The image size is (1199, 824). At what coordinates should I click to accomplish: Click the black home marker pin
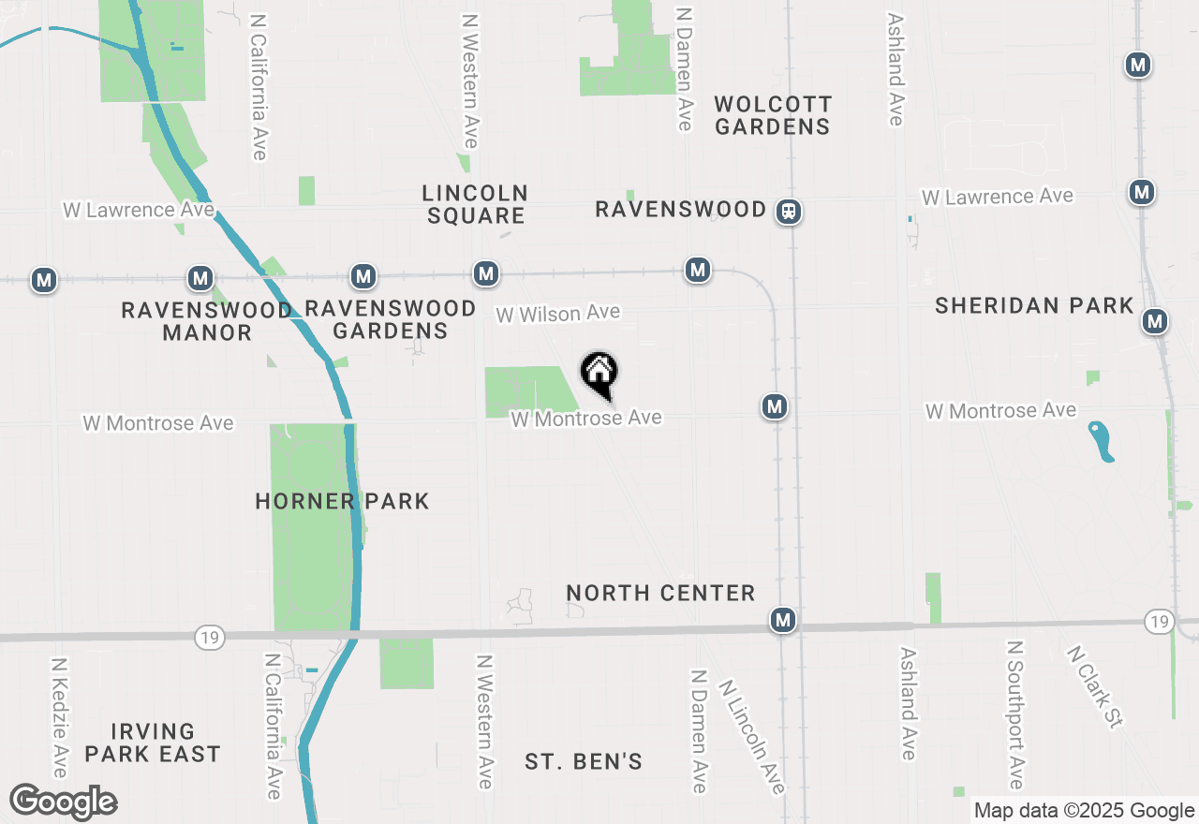[x=599, y=373]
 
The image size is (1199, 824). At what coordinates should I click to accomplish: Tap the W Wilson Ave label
[x=557, y=314]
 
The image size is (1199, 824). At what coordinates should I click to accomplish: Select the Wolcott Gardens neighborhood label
[x=772, y=115]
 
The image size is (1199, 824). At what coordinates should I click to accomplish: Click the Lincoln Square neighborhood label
[x=475, y=204]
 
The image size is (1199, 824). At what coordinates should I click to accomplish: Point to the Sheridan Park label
[x=1034, y=305]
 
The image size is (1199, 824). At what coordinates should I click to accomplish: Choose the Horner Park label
[x=342, y=501]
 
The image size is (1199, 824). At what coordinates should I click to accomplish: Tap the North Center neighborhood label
[x=660, y=593]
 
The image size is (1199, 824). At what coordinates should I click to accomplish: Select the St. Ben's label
[x=584, y=761]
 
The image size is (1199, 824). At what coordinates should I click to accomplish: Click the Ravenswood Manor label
[x=207, y=320]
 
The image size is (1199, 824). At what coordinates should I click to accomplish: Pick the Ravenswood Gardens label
[x=391, y=319]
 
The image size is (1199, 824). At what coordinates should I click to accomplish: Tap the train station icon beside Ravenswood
[x=789, y=212]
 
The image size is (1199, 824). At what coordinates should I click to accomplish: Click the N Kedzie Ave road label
[x=60, y=716]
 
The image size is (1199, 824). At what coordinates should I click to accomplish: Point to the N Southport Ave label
[x=1014, y=714]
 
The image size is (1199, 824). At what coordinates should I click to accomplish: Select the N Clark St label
[x=1094, y=686]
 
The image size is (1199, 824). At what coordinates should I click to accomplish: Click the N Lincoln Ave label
[x=751, y=735]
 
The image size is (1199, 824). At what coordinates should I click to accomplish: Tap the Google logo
[x=63, y=802]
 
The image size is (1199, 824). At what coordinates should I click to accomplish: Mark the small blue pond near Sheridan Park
[x=1102, y=441]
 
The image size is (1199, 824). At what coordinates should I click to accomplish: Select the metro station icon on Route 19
[x=783, y=620]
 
